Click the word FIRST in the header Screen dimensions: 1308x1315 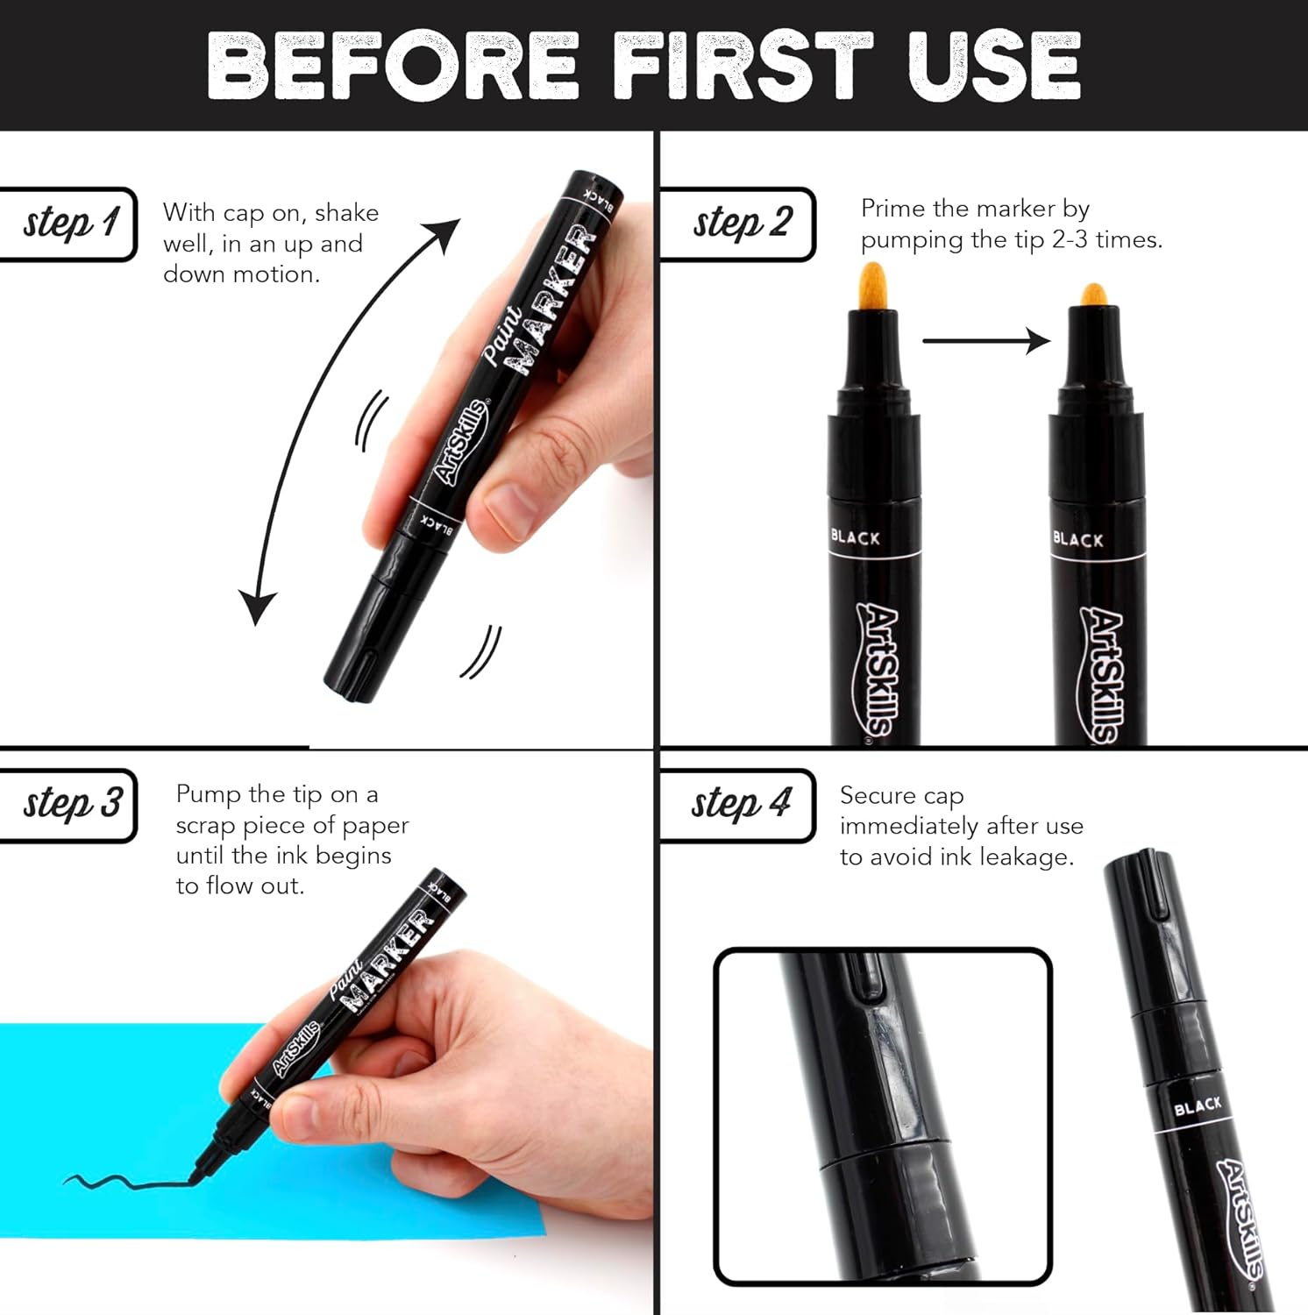click(743, 65)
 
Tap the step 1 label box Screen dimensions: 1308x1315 click(68, 224)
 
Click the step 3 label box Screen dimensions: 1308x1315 click(68, 805)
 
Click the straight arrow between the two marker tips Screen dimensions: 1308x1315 click(986, 340)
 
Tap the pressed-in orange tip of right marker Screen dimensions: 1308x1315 click(1092, 295)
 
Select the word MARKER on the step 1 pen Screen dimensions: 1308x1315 click(553, 299)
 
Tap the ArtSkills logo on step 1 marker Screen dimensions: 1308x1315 click(462, 442)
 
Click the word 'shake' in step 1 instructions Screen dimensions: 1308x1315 click(347, 212)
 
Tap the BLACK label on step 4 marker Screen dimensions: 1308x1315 click(1198, 1107)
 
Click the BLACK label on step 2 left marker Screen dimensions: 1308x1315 click(855, 537)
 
